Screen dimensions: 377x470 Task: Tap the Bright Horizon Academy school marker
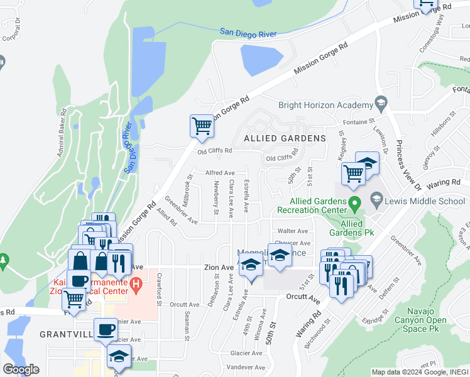380,102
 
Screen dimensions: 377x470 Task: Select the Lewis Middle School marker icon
376,200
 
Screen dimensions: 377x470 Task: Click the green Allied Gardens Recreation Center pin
354,203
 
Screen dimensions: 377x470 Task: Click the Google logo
21,369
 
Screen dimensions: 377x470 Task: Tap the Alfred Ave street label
220,173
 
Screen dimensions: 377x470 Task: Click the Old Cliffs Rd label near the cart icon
215,151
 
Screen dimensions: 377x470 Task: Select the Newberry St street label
216,198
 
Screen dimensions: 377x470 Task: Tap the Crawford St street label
160,289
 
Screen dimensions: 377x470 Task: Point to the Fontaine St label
358,121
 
